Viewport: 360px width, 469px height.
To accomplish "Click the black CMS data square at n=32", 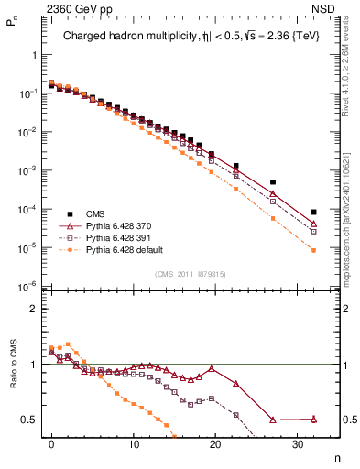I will pos(313,212).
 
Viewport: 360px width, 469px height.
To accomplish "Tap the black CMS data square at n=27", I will pos(272,182).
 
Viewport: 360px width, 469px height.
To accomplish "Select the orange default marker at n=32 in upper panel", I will pos(313,250).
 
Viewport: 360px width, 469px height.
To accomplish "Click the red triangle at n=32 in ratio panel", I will pos(313,419).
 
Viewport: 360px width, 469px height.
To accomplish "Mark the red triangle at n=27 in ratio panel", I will pos(272,420).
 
